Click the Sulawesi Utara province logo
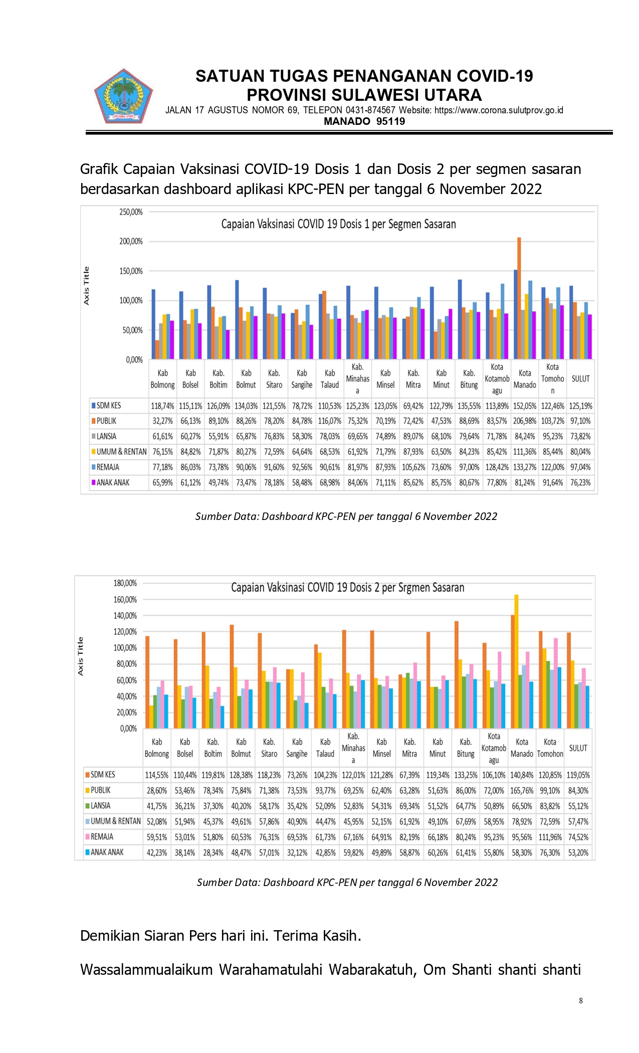pyautogui.click(x=123, y=96)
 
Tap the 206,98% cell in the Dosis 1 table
pyautogui.click(x=525, y=421)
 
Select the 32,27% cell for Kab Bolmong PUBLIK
pyautogui.click(x=162, y=421)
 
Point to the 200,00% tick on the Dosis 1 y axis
pyautogui.click(x=131, y=242)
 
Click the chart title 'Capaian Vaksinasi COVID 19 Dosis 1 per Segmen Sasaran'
pyautogui.click(x=339, y=224)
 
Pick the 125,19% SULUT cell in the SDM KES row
pyautogui.click(x=580, y=406)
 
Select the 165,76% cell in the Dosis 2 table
pyautogui.click(x=522, y=791)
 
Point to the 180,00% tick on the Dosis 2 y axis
pyautogui.click(x=125, y=583)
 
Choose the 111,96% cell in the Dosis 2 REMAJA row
pyautogui.click(x=550, y=837)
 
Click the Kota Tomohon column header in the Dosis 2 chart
pyautogui.click(x=550, y=748)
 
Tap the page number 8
pyautogui.click(x=581, y=1001)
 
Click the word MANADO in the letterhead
pyautogui.click(x=347, y=121)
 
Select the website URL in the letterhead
pyautogui.click(x=499, y=110)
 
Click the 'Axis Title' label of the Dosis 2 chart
pyautogui.click(x=81, y=656)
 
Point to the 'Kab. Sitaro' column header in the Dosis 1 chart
pyautogui.click(x=274, y=379)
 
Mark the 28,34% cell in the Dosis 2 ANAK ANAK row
pyautogui.click(x=213, y=852)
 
